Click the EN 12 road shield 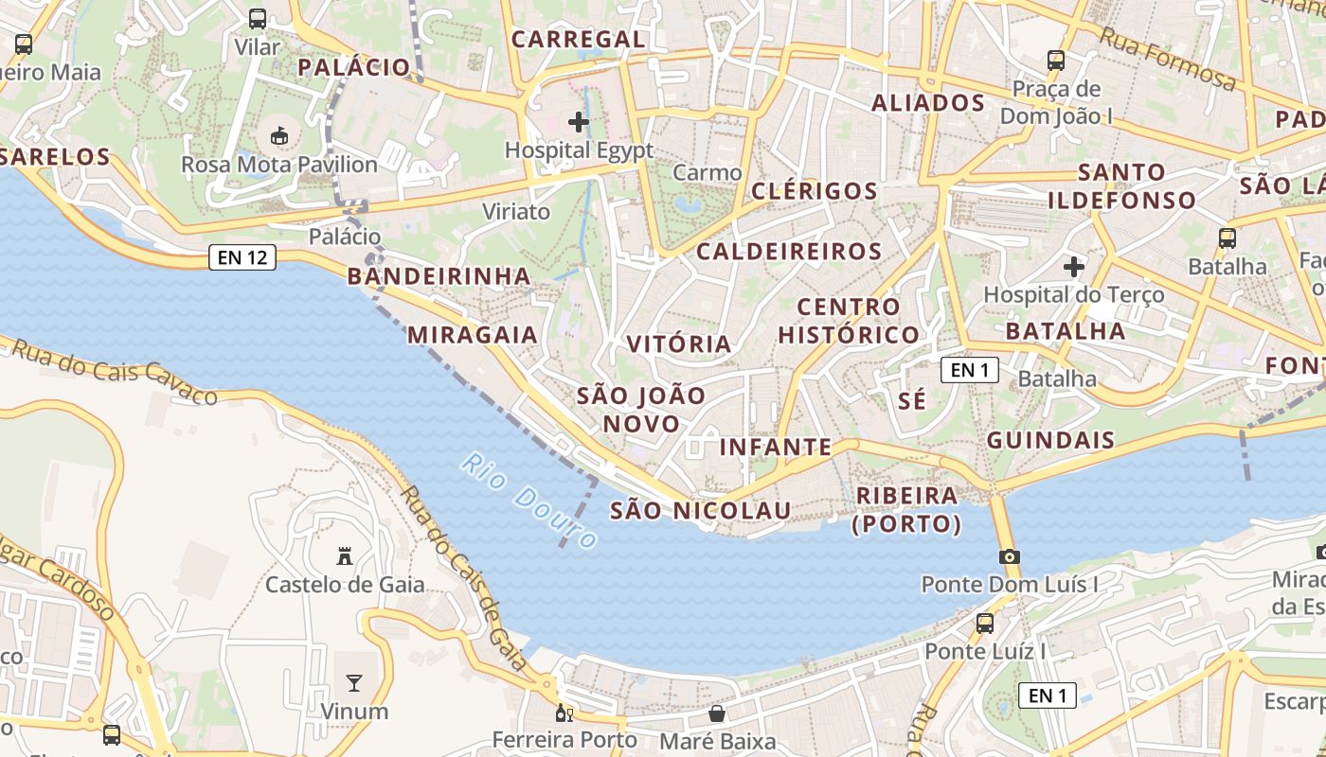(242, 257)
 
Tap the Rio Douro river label (531, 501)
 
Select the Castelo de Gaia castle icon (345, 556)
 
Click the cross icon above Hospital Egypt (579, 122)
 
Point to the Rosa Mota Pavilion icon (279, 137)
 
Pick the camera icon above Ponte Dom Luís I (1010, 556)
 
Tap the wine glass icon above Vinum (354, 683)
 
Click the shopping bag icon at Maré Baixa (717, 713)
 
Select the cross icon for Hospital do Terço (1073, 267)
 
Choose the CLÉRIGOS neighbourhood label (815, 191)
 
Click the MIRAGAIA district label (473, 335)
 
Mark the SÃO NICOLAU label (700, 511)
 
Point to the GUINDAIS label (1051, 441)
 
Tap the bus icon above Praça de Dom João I (1056, 61)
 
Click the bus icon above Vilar (257, 18)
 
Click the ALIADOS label (928, 103)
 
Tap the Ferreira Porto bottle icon (564, 713)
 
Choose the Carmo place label (708, 173)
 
